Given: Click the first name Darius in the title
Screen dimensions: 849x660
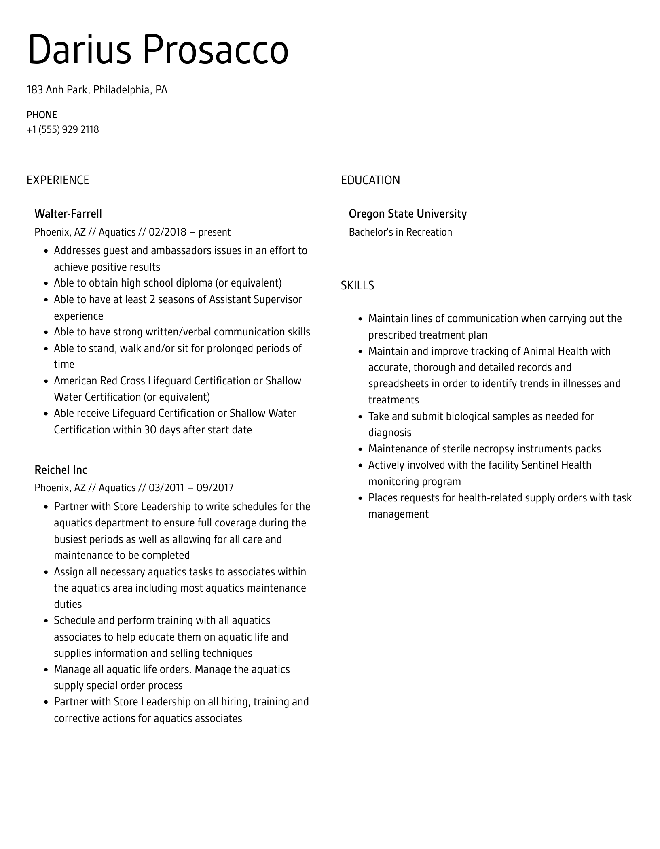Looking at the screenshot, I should click(x=79, y=50).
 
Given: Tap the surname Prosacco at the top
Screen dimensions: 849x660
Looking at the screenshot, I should click(x=216, y=50).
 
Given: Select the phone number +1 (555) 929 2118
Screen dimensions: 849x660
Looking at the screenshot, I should click(x=63, y=129).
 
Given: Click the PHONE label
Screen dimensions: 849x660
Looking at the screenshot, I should click(x=42, y=115).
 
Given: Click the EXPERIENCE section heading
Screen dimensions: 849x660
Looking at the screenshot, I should click(x=58, y=180).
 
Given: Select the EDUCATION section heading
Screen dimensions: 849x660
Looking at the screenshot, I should click(x=370, y=180).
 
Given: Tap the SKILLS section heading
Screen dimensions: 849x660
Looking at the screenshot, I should click(x=357, y=286).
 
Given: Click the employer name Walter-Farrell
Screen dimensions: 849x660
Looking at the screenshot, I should click(x=68, y=214).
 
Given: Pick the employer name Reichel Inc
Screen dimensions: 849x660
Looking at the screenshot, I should click(x=61, y=470).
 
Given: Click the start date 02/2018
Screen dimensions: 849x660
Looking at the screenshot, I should click(x=167, y=232).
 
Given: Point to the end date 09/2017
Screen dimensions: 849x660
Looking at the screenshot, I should click(x=215, y=488).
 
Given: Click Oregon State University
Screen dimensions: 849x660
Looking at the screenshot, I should click(x=408, y=214).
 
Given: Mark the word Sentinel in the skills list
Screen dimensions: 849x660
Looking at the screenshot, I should click(x=538, y=465).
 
